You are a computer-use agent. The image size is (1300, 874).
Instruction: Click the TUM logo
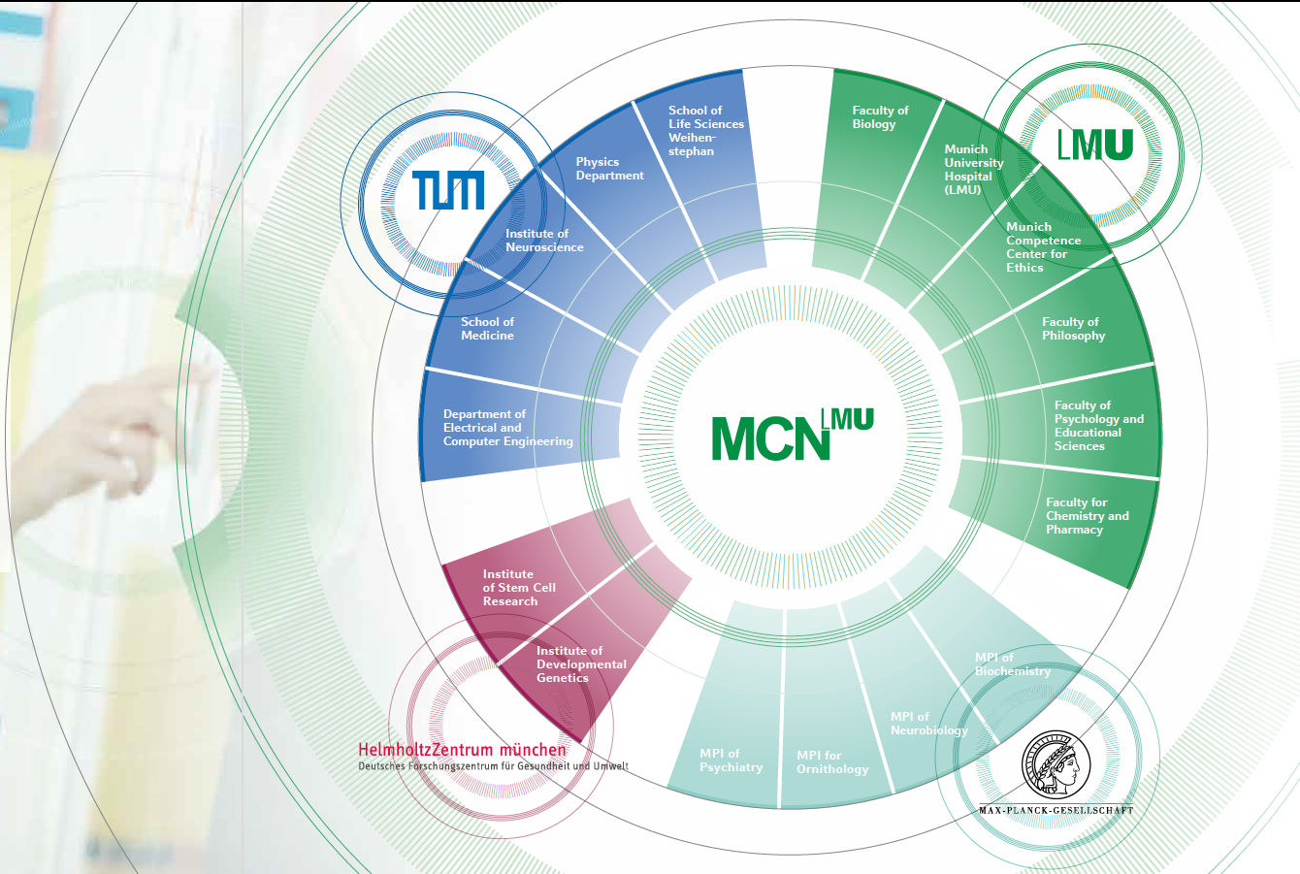447,190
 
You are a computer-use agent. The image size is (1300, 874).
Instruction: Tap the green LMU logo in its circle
1095,146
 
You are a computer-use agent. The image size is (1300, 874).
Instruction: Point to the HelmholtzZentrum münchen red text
462,750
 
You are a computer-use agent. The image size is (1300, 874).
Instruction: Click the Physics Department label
609,169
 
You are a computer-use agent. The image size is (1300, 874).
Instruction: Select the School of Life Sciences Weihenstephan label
705,131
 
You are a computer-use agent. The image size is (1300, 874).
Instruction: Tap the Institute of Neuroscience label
544,241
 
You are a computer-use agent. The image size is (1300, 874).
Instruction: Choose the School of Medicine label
487,329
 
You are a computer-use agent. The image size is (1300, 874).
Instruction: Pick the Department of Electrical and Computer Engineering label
507,428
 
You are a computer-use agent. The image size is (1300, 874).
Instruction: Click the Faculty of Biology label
880,117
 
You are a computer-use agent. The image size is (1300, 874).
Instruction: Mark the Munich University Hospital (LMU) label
974,170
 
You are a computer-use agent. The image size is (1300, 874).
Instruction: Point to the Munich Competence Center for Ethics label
1043,247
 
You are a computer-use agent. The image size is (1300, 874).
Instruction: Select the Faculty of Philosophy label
1073,329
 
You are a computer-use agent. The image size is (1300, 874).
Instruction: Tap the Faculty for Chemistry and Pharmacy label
1087,516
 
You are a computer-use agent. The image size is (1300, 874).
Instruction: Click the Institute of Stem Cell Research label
519,588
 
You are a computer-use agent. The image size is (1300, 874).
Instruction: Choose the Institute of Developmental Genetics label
581,664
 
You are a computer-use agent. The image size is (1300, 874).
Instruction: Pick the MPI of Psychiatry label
731,761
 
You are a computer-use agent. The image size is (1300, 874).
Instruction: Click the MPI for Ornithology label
831,762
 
